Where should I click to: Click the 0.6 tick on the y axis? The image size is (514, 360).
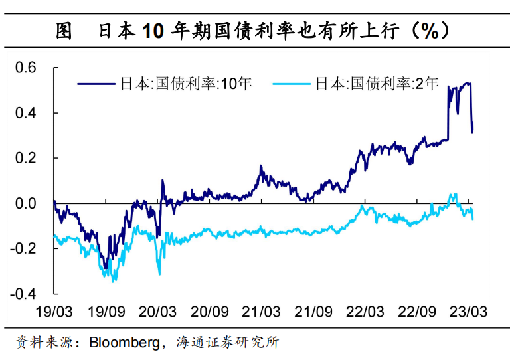[29, 68]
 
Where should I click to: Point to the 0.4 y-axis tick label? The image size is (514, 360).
[29, 113]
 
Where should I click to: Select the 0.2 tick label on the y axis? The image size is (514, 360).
[29, 158]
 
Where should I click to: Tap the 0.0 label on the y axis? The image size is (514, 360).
[29, 203]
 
